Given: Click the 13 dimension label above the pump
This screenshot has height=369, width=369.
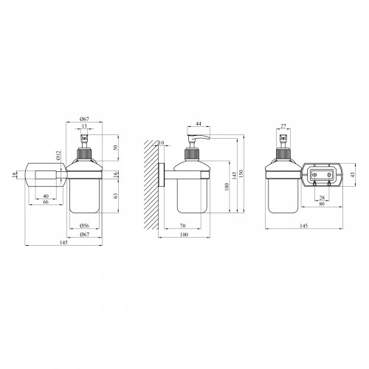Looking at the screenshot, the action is point(84,126).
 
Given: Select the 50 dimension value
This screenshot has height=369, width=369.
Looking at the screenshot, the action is point(116,148).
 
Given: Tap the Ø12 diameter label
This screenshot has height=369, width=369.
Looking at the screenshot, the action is point(58,156).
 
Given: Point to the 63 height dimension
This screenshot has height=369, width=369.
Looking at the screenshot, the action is point(116,196).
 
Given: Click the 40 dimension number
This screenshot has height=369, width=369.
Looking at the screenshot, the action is point(46,196).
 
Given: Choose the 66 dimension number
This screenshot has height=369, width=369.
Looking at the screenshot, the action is point(46,202).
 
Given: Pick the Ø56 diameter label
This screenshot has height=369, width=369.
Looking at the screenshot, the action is point(84,226).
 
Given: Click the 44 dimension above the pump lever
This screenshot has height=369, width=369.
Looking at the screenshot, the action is point(199,124).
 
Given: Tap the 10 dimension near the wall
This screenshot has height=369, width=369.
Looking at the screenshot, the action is point(162,143).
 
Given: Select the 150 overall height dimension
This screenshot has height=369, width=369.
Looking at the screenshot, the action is point(241,173).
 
